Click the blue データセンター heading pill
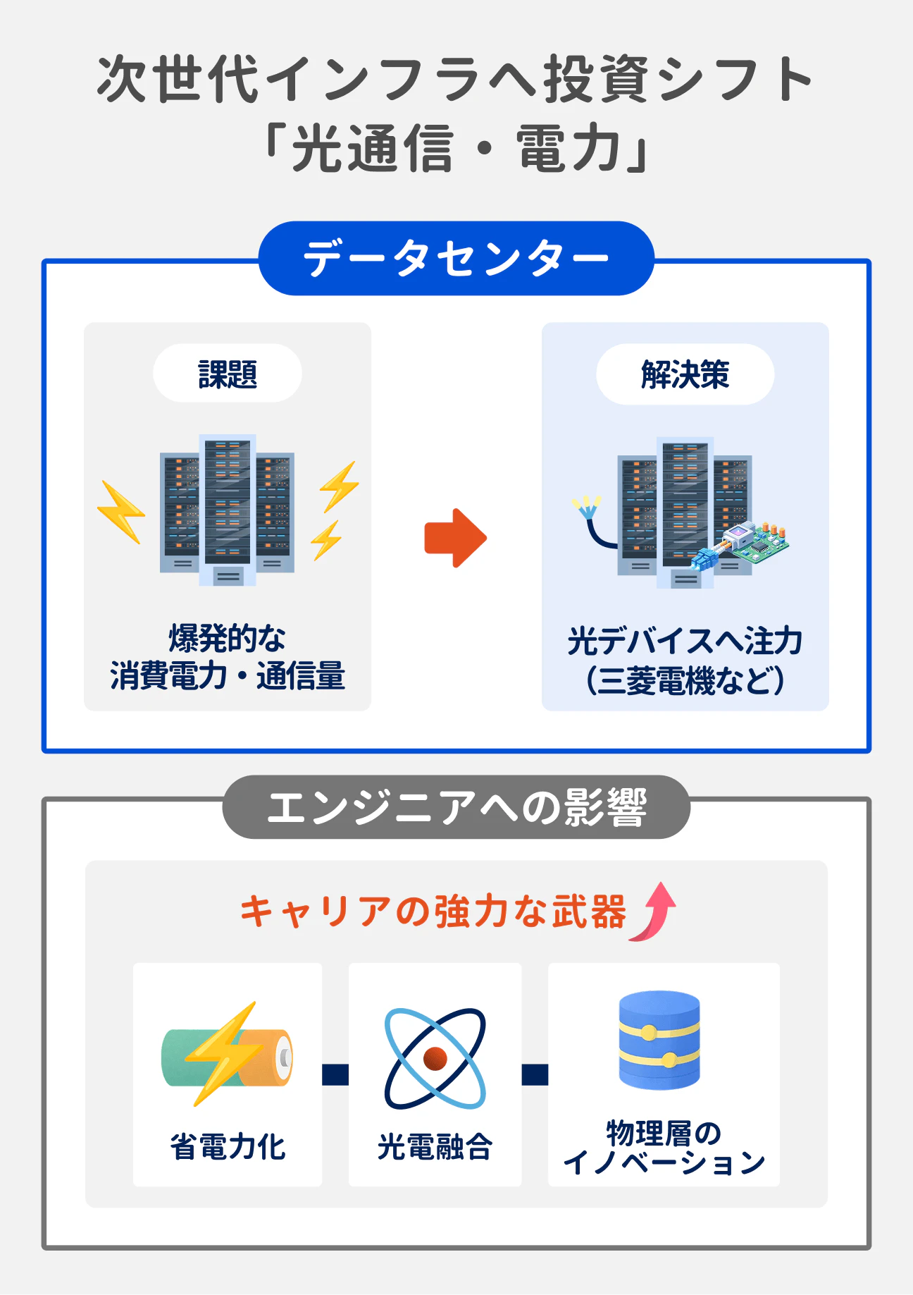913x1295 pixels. coord(456,258)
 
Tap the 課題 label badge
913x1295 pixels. coord(228,374)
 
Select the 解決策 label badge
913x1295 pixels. coord(685,374)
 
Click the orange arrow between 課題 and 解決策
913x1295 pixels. coord(455,537)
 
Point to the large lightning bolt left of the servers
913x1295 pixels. coord(120,512)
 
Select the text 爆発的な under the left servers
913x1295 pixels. coord(227,639)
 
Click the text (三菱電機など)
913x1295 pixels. coord(685,681)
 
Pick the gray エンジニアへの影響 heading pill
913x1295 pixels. coord(456,807)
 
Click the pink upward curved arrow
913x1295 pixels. coord(654,912)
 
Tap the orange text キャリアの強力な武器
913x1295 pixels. coord(433,912)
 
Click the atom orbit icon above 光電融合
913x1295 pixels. coord(435,1058)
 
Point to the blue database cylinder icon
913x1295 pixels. coord(659,1041)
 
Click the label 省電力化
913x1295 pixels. coord(227,1147)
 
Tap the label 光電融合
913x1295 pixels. coord(435,1147)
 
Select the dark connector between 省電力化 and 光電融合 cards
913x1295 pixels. coord(335,1074)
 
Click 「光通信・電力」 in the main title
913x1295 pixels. coord(456,149)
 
